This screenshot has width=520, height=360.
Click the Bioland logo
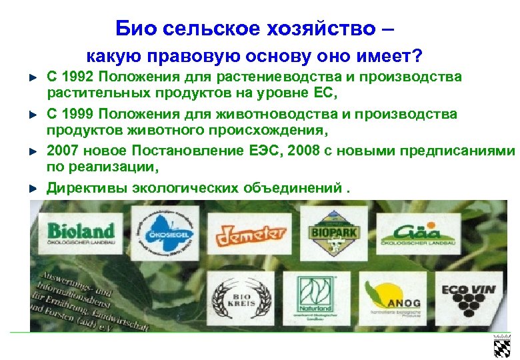(x=81, y=235)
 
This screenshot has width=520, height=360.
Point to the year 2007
(x=62, y=151)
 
